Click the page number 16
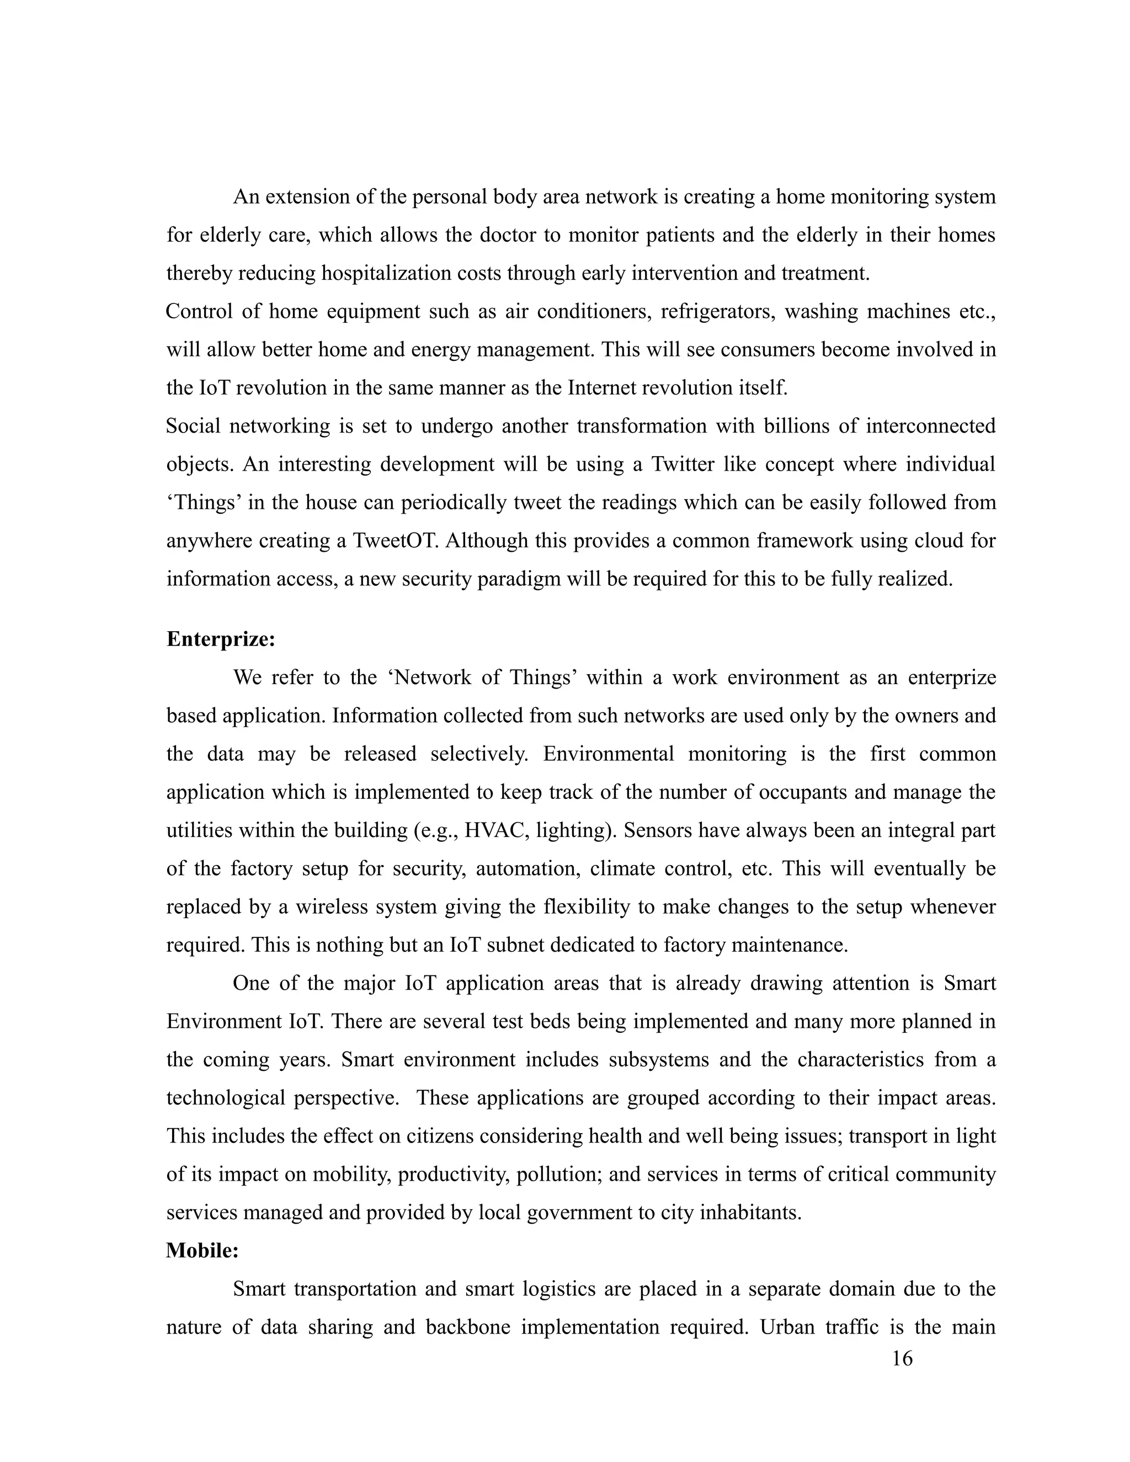[x=902, y=1358]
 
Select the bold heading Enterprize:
[x=221, y=639]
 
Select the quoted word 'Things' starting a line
[x=204, y=502]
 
